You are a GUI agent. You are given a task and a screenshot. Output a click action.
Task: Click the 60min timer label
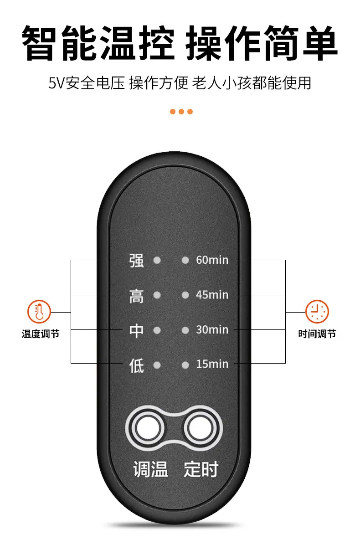pyautogui.click(x=212, y=260)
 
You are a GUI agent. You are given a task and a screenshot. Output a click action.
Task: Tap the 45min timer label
pyautogui.click(x=212, y=295)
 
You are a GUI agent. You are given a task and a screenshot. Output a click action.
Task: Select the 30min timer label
pyautogui.click(x=212, y=329)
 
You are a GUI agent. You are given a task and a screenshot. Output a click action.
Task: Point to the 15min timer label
pyautogui.click(x=212, y=364)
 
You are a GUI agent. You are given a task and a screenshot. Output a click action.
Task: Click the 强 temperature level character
pyautogui.click(x=137, y=260)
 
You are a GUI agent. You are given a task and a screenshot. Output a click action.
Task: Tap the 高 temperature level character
pyautogui.click(x=137, y=296)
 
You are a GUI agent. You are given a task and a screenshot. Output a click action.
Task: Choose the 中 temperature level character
pyautogui.click(x=137, y=330)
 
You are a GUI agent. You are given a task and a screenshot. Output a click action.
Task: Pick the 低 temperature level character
pyautogui.click(x=137, y=365)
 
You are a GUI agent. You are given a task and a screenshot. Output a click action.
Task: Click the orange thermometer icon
pyautogui.click(x=39, y=312)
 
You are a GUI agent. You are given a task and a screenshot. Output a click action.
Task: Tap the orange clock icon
pyautogui.click(x=317, y=312)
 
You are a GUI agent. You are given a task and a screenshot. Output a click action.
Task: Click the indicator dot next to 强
pyautogui.click(x=157, y=260)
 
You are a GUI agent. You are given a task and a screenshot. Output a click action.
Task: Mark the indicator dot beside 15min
pyautogui.click(x=185, y=365)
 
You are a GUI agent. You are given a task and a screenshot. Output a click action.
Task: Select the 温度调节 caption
pyautogui.click(x=41, y=334)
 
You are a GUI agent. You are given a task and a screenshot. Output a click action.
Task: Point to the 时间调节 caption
pyautogui.click(x=317, y=334)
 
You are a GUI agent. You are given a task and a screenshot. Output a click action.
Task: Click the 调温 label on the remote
pyautogui.click(x=150, y=469)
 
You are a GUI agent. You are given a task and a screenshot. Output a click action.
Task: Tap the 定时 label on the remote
pyautogui.click(x=201, y=469)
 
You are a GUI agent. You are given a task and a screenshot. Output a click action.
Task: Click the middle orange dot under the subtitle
pyautogui.click(x=181, y=112)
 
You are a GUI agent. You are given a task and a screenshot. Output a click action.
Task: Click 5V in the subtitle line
pyautogui.click(x=57, y=83)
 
